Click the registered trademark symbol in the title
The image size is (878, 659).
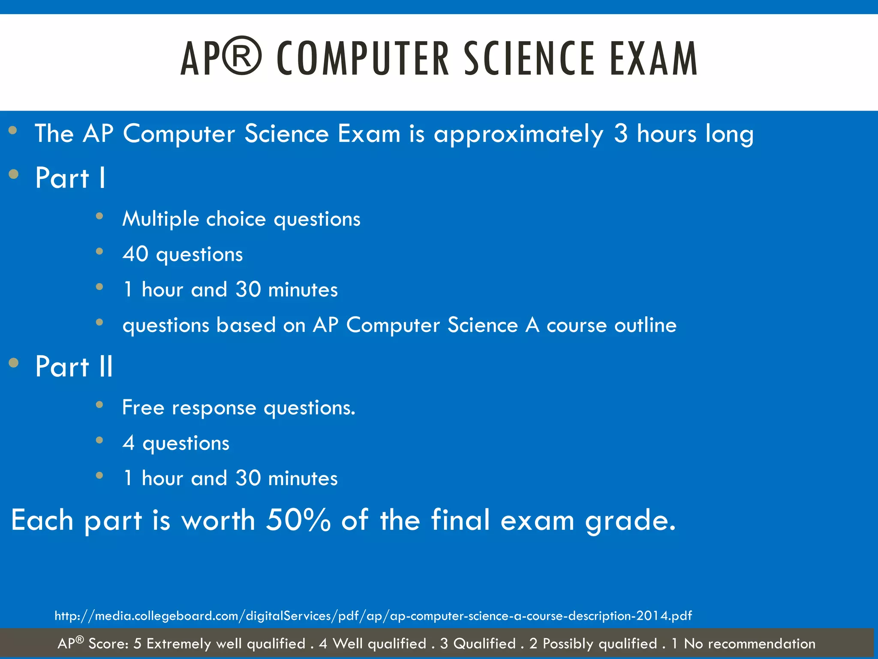(x=242, y=56)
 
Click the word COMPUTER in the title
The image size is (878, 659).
(x=363, y=59)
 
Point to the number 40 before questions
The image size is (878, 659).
(x=135, y=254)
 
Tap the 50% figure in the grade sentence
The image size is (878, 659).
(x=298, y=520)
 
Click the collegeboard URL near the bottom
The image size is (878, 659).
(x=373, y=616)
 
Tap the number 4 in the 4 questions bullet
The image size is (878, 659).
(x=129, y=443)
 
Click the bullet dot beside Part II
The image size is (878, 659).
(x=14, y=363)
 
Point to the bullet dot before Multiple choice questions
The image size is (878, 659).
(x=99, y=216)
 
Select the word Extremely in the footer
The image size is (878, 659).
(x=178, y=644)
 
